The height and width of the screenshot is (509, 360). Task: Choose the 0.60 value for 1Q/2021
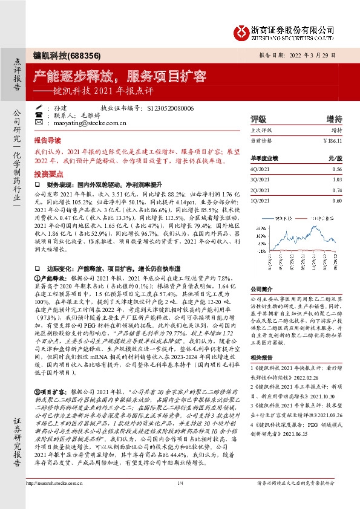[337, 200]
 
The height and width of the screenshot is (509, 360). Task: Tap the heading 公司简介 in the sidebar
[261, 290]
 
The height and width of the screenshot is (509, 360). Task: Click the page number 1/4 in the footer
[180, 484]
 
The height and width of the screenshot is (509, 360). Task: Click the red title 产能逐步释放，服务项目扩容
[120, 77]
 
